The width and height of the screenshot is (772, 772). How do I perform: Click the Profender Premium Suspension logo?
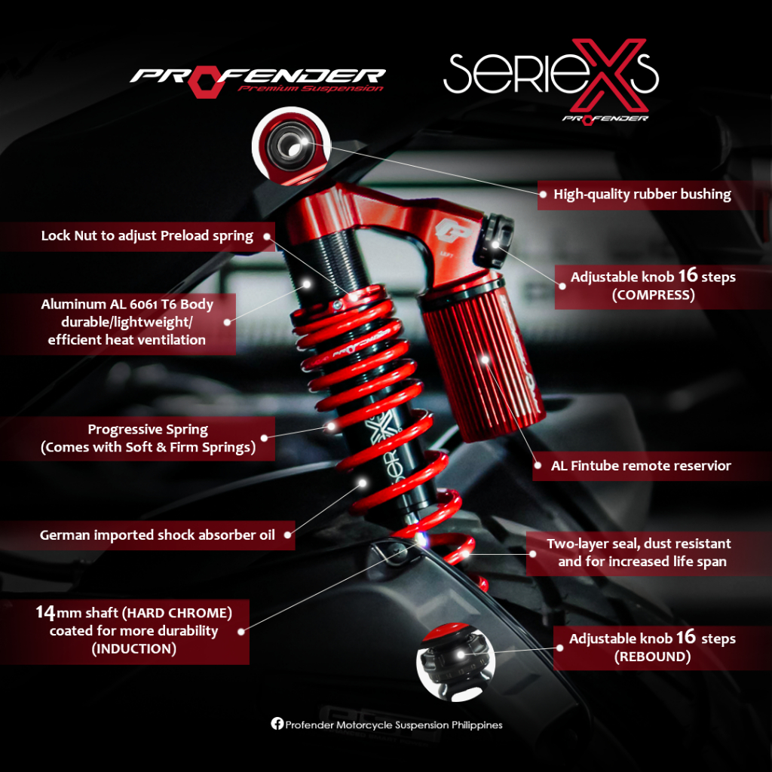[x=257, y=79]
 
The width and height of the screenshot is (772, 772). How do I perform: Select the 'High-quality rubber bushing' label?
[x=642, y=195]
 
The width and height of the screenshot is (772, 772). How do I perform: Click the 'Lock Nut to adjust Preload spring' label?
[x=147, y=236]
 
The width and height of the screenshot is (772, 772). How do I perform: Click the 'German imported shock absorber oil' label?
[x=157, y=535]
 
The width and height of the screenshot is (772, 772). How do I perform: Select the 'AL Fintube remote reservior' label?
[x=641, y=466]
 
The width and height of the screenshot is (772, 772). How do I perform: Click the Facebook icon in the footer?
[x=277, y=724]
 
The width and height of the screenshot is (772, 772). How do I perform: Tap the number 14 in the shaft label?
[x=45, y=611]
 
